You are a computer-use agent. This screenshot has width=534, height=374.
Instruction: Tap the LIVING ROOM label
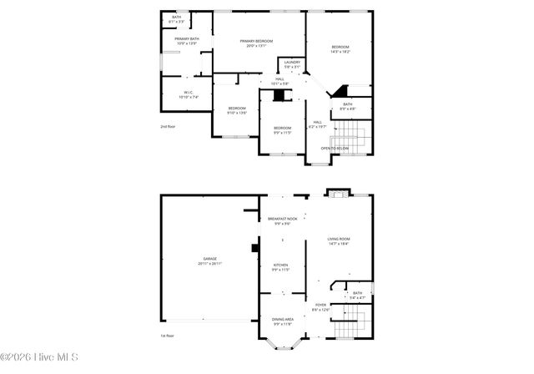click(x=339, y=241)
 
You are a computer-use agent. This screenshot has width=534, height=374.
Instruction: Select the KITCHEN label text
click(x=280, y=267)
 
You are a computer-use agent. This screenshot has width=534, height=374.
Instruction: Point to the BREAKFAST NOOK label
click(x=282, y=220)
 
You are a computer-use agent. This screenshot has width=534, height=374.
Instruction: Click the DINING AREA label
click(x=282, y=321)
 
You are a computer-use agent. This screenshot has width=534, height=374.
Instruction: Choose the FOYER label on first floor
click(x=321, y=307)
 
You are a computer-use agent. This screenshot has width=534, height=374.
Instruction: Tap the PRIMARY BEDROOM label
click(x=257, y=43)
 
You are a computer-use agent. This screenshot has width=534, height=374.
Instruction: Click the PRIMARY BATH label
click(x=187, y=42)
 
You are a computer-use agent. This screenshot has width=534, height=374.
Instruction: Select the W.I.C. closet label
click(x=188, y=95)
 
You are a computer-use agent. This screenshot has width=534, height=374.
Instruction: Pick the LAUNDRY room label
click(x=292, y=64)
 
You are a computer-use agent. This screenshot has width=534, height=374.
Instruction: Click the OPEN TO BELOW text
click(x=335, y=148)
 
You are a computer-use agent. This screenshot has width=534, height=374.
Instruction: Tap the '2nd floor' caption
click(x=168, y=126)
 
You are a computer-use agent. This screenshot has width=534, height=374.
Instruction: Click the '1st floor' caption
click(x=168, y=335)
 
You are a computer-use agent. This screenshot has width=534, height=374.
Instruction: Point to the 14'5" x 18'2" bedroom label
click(x=340, y=49)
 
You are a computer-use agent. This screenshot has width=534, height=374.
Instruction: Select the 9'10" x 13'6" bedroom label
click(x=238, y=110)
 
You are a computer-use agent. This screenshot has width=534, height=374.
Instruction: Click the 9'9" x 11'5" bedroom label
click(x=282, y=129)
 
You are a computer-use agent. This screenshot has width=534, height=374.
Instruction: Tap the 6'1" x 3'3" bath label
click(x=176, y=18)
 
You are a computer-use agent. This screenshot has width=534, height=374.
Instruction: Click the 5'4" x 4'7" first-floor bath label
click(x=357, y=295)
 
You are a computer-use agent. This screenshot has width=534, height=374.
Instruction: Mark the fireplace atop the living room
click(x=337, y=195)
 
